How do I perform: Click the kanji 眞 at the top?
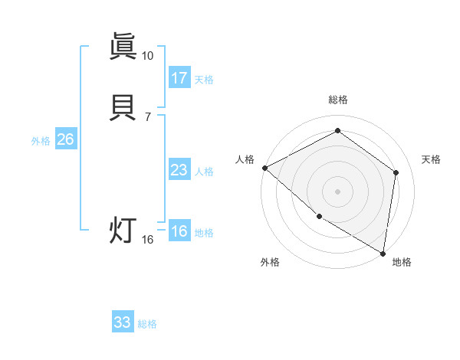coord(123,47)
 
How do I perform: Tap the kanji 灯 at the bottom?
coord(123,231)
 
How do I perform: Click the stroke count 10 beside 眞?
coord(147,56)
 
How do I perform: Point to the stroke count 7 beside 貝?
coord(147,117)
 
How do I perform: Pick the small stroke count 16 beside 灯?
coord(148,240)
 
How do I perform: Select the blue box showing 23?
coord(179,170)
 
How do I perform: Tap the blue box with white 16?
coord(179,231)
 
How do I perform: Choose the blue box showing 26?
coord(65,139)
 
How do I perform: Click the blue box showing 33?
coord(123,322)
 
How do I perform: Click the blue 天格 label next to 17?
coord(204,80)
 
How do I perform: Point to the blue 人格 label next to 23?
coord(204,172)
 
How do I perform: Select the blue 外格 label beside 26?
coord(41,141)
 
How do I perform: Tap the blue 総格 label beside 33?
coord(147,324)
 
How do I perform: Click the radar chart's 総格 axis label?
coord(337,100)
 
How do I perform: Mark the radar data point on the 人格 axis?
coord(264,168)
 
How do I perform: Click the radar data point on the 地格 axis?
coord(383,252)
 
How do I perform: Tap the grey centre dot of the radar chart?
coord(337,190)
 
